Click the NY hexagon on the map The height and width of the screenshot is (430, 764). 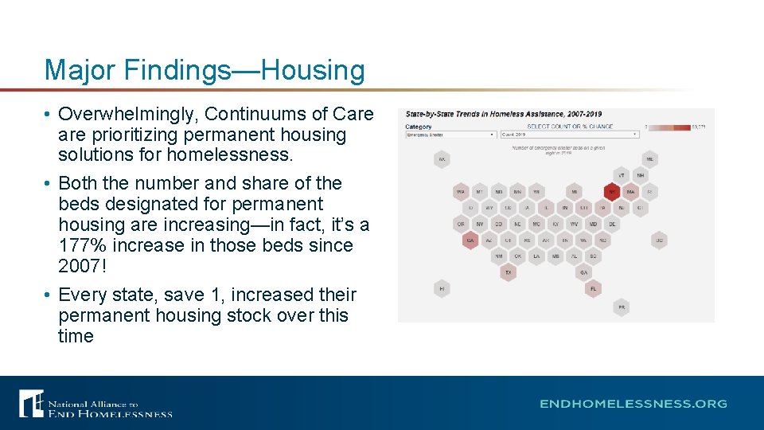(612, 192)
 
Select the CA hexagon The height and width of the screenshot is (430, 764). (470, 240)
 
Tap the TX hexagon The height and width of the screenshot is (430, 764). (508, 272)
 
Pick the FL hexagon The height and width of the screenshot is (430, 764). (593, 289)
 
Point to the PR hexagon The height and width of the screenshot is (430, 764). (622, 307)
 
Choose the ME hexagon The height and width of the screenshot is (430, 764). (649, 158)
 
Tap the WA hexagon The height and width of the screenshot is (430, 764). (460, 192)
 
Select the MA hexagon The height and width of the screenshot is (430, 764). (631, 192)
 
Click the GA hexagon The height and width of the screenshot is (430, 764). (583, 272)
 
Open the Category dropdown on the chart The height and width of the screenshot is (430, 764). (450, 135)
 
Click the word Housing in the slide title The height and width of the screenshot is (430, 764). (313, 70)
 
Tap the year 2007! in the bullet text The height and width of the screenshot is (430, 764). (82, 266)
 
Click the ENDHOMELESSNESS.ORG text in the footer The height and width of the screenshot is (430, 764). (633, 404)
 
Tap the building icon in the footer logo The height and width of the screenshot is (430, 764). (31, 403)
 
